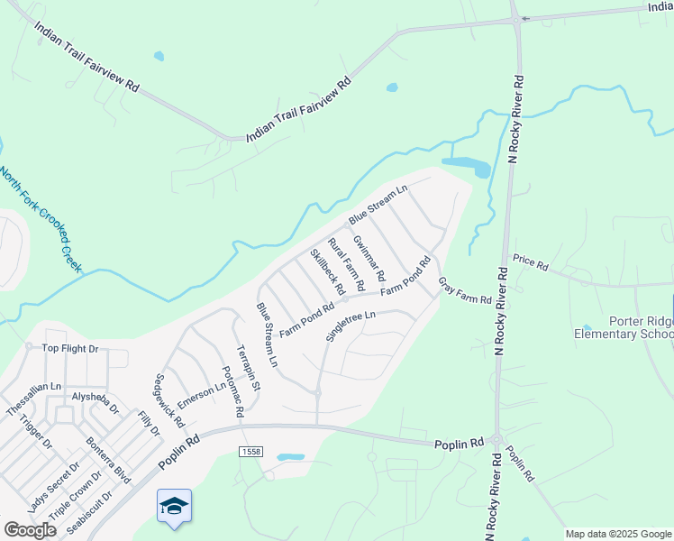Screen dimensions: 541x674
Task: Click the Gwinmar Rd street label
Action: point(369,257)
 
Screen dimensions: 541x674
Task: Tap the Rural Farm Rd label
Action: point(347,264)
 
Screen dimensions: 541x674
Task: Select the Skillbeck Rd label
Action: point(328,272)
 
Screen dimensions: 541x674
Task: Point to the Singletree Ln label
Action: point(350,326)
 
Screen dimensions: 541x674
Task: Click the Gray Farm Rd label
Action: point(465,290)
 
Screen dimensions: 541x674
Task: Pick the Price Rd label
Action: point(531,263)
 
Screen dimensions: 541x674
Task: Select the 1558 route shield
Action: point(250,450)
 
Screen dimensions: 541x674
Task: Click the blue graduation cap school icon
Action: point(174,505)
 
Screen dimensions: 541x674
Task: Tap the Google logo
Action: point(31,530)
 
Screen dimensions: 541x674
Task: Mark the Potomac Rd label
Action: point(232,391)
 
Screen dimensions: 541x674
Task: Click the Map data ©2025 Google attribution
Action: point(618,534)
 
